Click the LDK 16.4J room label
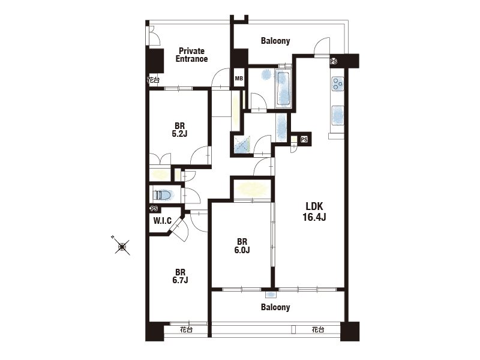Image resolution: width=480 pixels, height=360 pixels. tap(314, 212)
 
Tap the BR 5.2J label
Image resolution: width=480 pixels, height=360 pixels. tap(179, 130)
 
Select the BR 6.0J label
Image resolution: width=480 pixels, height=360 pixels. tap(242, 246)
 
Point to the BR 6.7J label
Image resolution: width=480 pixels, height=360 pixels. tap(181, 276)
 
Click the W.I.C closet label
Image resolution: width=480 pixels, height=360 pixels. tap(162, 221)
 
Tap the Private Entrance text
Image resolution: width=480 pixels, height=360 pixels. tap(191, 55)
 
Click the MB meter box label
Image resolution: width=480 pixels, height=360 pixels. tap(239, 79)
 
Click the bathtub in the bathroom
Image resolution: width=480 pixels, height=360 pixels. tap(283, 88)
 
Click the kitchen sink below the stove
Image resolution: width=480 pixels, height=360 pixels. tap(338, 115)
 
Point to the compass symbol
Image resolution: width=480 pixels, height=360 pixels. tap(122, 246)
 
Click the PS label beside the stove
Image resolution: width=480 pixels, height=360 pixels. tap(334, 62)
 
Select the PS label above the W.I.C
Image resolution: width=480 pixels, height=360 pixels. tap(154, 209)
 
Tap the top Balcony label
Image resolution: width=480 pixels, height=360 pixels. tap(275, 41)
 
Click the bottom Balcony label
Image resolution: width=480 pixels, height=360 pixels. tap(275, 307)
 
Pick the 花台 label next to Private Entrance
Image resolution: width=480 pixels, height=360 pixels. tap(153, 80)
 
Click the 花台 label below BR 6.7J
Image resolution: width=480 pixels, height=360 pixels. tap(186, 329)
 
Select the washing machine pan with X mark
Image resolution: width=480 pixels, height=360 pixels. tap(242, 145)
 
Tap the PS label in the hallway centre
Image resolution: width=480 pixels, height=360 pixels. tap(304, 140)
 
